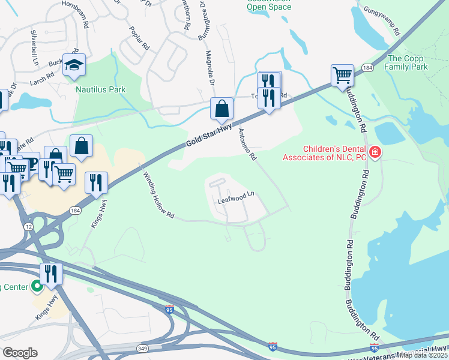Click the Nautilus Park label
click(x=100, y=89)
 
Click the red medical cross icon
click(x=375, y=153)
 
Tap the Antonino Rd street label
click(x=247, y=144)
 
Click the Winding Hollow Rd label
click(x=158, y=195)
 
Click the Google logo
click(x=20, y=352)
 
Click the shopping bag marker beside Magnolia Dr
click(x=221, y=109)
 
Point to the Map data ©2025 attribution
click(x=424, y=355)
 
